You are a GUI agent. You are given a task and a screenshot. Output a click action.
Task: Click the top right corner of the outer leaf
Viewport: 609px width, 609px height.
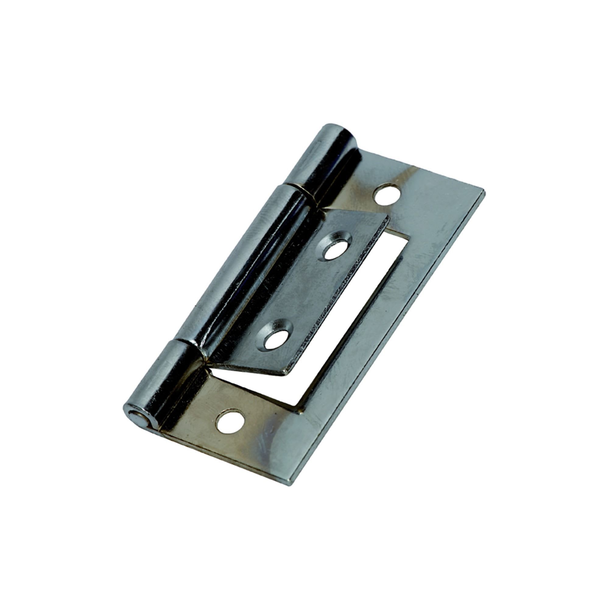coord(484,192)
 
